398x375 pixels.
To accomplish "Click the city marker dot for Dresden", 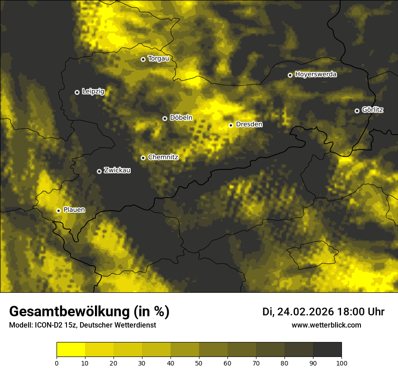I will [x=231, y=125].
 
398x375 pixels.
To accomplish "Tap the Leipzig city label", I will [x=93, y=92].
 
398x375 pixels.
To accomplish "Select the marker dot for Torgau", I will [x=143, y=59].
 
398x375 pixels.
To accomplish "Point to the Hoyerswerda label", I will [x=316, y=75].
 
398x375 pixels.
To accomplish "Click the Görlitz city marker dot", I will [x=357, y=111].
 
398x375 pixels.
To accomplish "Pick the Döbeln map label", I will [x=181, y=118].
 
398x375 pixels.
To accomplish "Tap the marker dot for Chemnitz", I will [x=143, y=158].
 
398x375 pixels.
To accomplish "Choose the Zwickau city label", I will [x=117, y=171].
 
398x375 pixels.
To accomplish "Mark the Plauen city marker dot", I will [x=58, y=211].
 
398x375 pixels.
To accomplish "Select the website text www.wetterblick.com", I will [x=326, y=325].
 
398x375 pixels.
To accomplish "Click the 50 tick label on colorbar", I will [x=199, y=363].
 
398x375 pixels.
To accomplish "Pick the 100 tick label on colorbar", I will [x=341, y=363].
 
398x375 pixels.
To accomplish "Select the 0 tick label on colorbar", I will [x=57, y=363].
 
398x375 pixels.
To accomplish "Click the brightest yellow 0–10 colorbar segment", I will [x=71, y=350].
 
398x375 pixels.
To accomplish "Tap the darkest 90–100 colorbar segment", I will [x=327, y=350].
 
